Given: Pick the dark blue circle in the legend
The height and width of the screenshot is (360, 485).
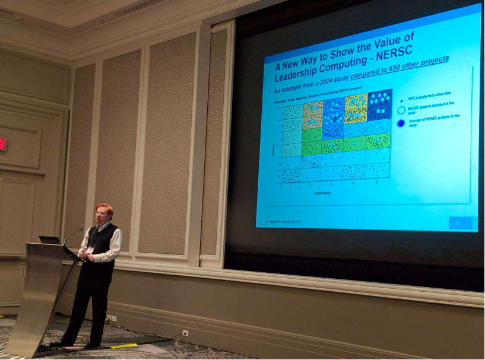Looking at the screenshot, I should (x=402, y=123).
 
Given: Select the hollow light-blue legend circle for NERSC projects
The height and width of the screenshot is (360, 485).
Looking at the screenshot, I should (x=401, y=109).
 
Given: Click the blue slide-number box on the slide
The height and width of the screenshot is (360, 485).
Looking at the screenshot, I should (x=460, y=224).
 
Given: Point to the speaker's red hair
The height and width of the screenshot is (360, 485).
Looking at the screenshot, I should (x=103, y=209).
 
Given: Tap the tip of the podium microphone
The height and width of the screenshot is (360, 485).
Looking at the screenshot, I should (x=81, y=230).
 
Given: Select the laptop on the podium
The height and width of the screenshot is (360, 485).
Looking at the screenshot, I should (x=50, y=240).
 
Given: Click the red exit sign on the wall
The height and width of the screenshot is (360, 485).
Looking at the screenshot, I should (x=3, y=144).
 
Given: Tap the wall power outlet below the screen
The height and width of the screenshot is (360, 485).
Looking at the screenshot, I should (x=185, y=333).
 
